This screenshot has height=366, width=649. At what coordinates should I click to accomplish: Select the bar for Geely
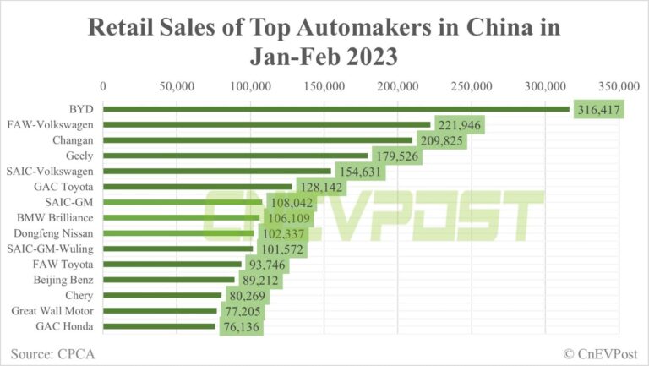[236, 156]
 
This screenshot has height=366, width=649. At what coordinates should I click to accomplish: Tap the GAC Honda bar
[160, 326]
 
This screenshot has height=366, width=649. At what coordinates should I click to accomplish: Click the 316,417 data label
[599, 109]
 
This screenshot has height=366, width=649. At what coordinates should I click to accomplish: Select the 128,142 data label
[320, 187]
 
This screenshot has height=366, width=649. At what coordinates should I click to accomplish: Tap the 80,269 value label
[250, 296]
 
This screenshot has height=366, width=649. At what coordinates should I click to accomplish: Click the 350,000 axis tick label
[619, 85]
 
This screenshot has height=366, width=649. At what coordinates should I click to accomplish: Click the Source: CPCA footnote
[53, 353]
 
